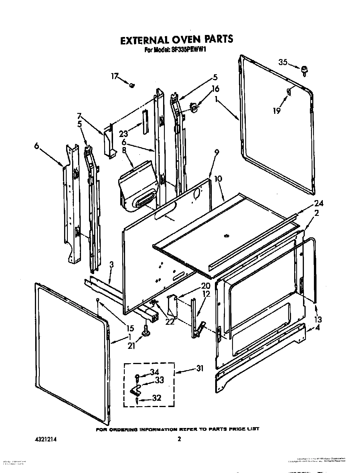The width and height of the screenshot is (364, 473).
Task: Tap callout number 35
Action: coord(283,62)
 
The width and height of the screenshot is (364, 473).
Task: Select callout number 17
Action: coord(115,77)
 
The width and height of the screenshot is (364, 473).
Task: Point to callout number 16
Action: coord(215,89)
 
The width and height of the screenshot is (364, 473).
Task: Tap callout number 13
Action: coord(318,319)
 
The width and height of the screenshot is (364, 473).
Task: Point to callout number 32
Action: coord(157,398)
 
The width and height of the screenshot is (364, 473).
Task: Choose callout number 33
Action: coord(159,380)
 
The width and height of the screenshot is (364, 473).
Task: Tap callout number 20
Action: coord(205,286)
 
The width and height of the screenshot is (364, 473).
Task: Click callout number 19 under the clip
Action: coord(276,111)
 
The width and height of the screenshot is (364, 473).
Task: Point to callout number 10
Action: coord(218,179)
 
